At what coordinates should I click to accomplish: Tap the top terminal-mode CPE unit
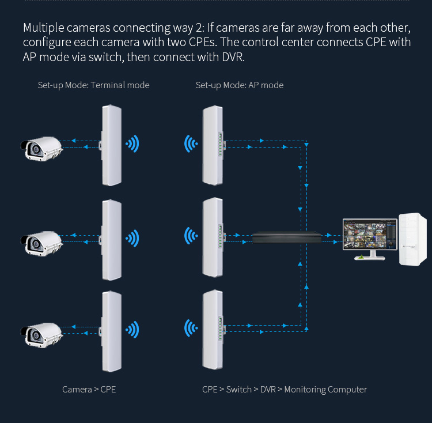pos(111,145)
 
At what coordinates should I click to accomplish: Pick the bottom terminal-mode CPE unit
pos(111,331)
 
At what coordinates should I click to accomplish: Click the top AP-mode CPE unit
pos(211,145)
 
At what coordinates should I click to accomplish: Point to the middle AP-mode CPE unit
pos(211,237)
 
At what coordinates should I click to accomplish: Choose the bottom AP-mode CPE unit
pos(211,330)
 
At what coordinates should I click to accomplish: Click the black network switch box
pos(286,236)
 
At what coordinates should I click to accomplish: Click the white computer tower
pos(413,239)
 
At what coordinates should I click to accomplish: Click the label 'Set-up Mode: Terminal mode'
pos(93,85)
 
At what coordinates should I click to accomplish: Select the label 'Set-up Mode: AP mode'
pos(240,85)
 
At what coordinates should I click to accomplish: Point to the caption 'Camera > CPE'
pos(89,390)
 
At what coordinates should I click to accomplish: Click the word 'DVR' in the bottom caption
pos(268,390)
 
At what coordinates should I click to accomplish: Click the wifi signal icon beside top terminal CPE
pos(133,143)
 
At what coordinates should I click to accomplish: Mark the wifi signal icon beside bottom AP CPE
pos(190,329)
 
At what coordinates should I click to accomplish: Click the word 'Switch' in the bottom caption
pos(238,390)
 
